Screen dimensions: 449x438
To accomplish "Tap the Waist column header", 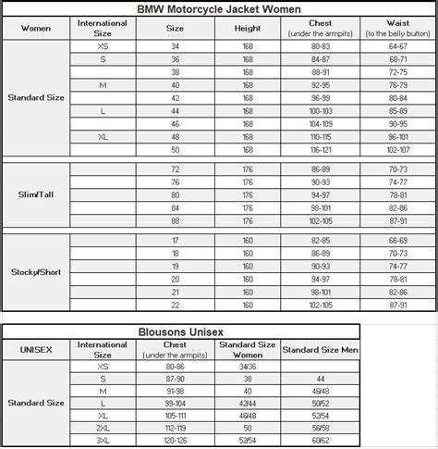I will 397,27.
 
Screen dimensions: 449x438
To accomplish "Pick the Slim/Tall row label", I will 35,195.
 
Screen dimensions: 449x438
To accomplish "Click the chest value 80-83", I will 320,44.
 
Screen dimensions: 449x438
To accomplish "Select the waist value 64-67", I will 397,44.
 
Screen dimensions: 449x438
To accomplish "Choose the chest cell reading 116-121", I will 320,149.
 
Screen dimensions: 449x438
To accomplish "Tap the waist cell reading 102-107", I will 397,149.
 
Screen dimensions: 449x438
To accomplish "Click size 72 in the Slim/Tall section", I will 176,170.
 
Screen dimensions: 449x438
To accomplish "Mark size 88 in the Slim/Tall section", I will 176,221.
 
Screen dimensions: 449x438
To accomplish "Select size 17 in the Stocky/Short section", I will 176,240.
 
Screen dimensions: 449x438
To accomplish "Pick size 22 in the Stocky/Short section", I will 176,305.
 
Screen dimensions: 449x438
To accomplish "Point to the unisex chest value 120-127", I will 176,442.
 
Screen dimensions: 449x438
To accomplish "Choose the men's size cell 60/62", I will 319,442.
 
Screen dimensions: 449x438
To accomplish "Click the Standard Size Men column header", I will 319,349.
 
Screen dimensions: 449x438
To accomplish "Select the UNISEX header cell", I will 35,349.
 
